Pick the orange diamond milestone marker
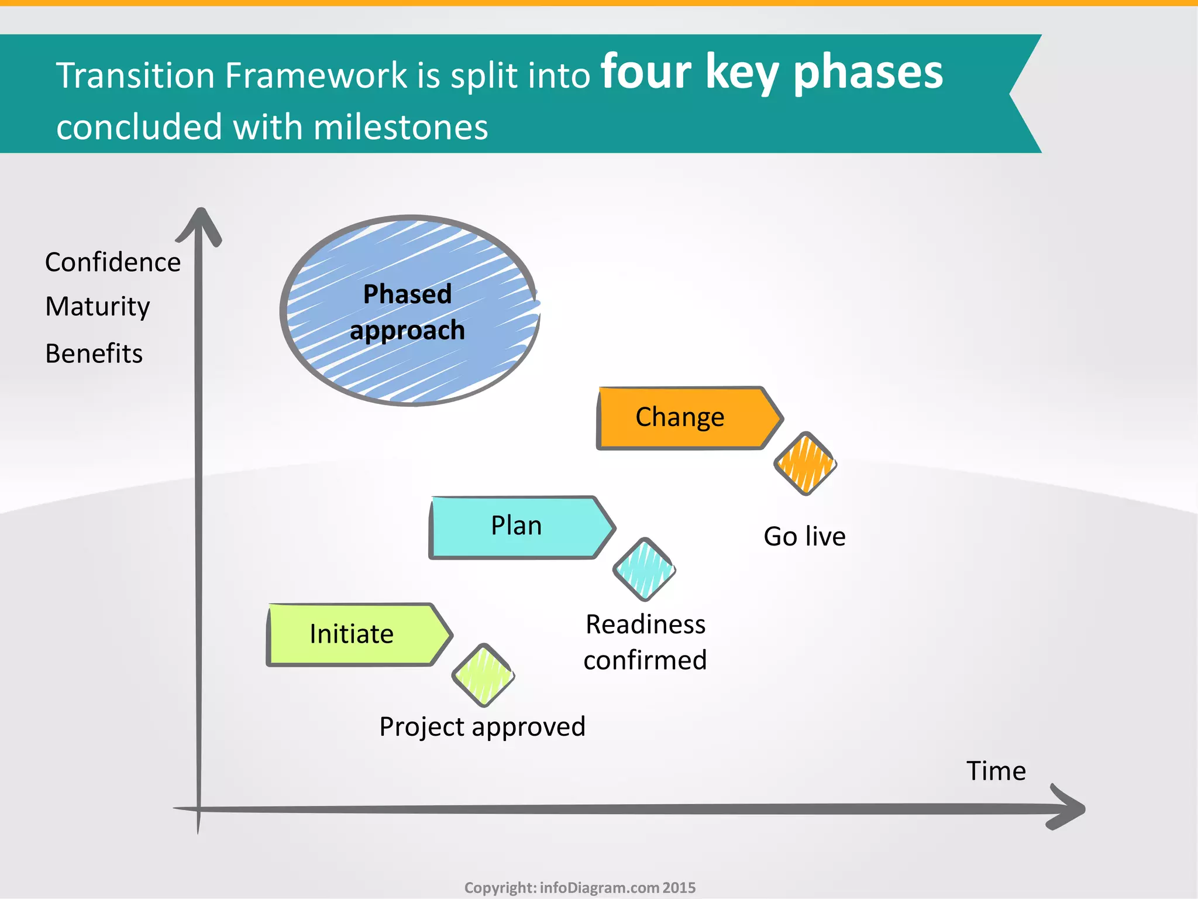805,464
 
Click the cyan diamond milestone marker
644,569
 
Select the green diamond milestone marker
483,675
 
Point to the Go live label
804,536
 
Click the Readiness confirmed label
645,642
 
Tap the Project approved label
482,726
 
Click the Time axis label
996,771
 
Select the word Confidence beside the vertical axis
113,262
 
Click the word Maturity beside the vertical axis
98,307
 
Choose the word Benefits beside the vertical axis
94,354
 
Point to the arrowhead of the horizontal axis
1068,808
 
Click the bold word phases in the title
868,73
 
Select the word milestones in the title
401,128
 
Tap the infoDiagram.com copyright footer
580,887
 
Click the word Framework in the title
316,76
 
